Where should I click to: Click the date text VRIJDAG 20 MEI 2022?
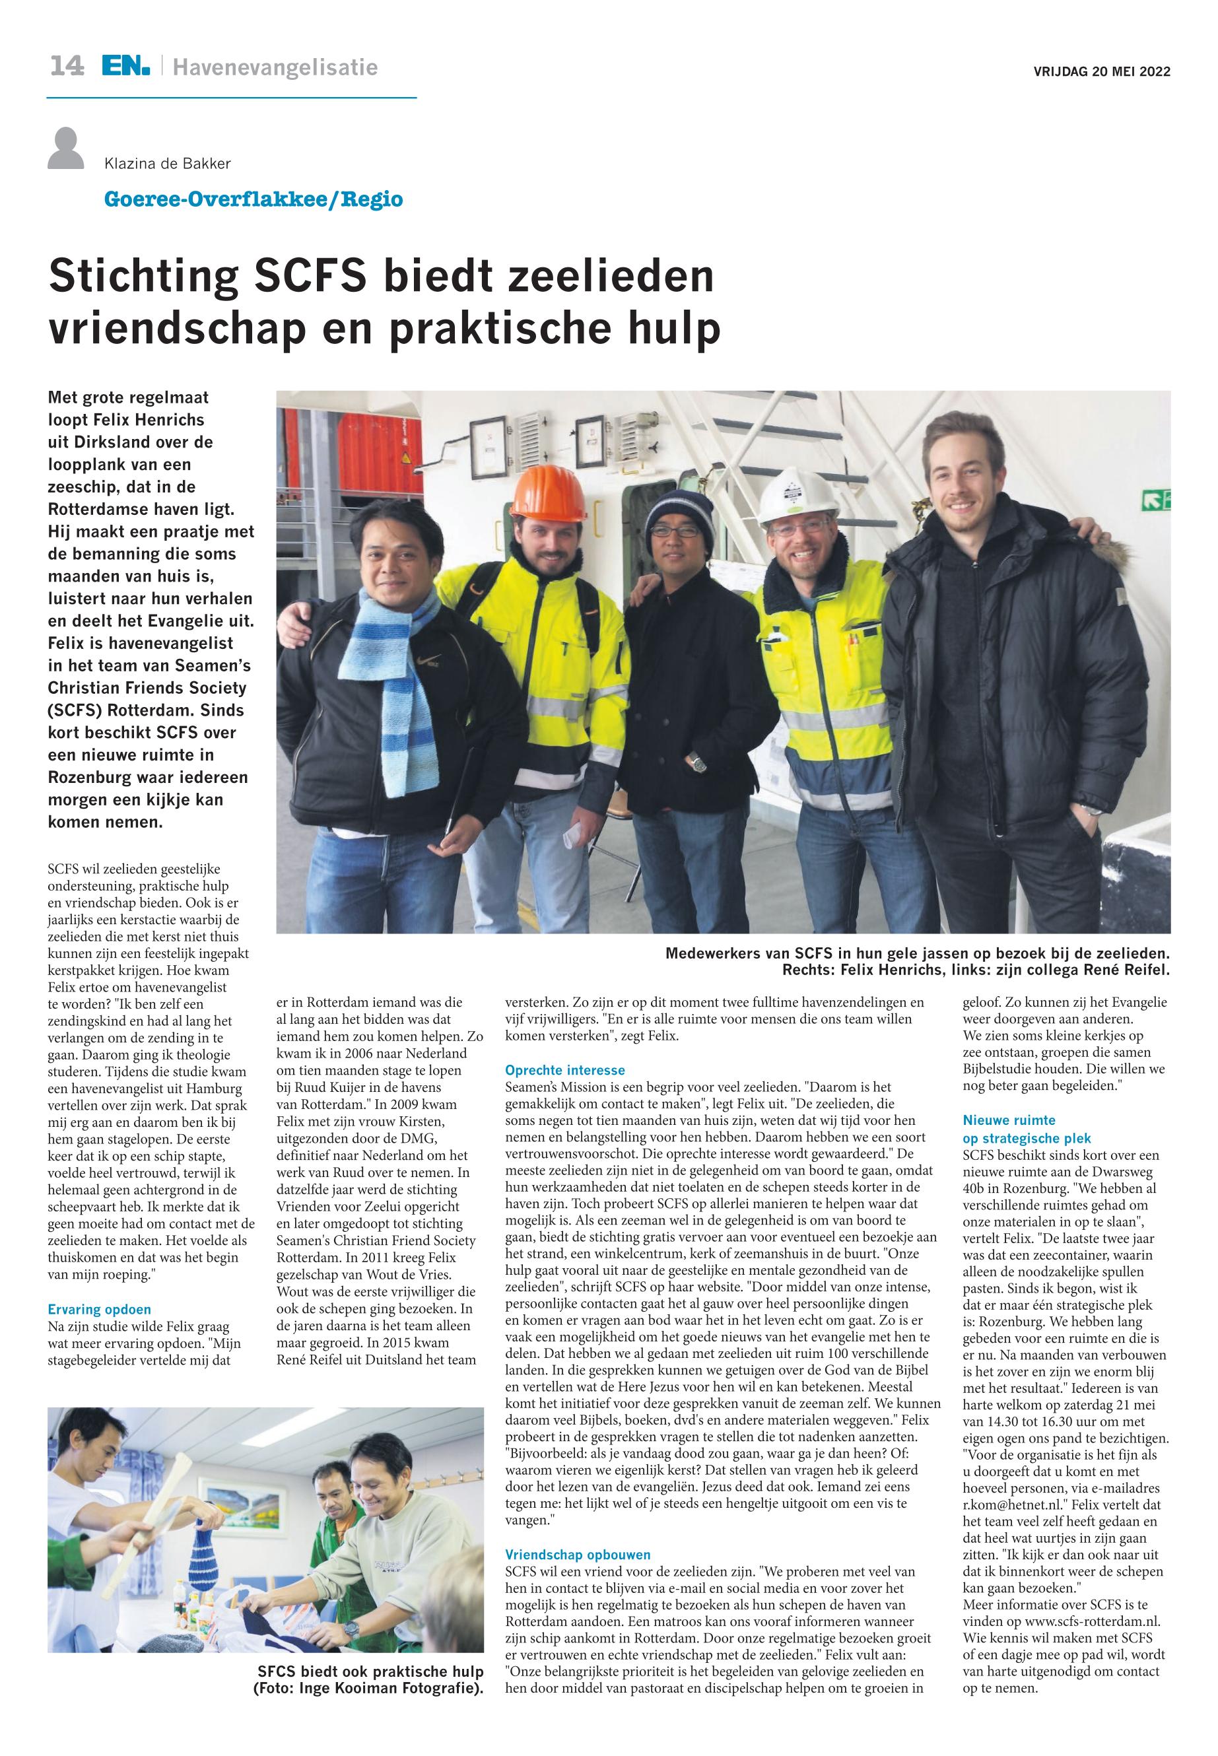click(1101, 73)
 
